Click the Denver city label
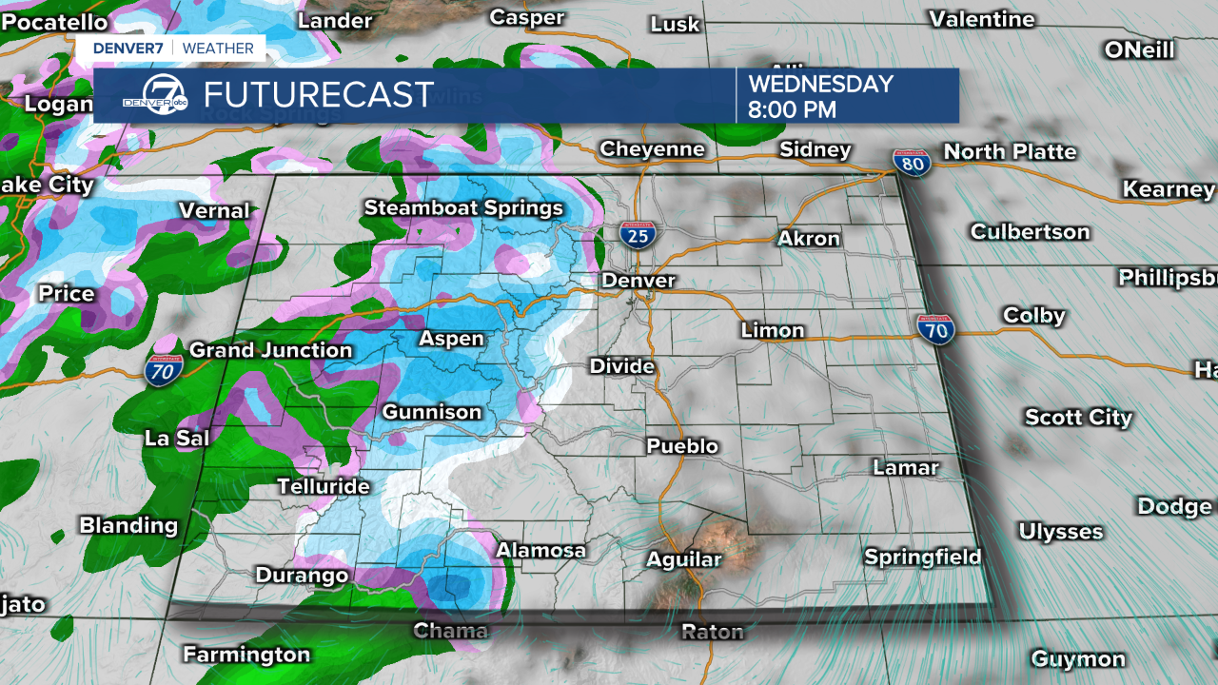638,281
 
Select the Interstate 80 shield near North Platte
909,163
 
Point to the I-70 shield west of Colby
936,330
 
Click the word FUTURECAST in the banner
319,95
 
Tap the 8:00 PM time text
792,109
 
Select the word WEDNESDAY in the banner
820,84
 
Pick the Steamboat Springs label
463,207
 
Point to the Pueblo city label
682,445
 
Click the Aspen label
452,339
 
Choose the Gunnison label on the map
432,412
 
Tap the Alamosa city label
540,550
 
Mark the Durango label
302,575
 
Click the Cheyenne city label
652,149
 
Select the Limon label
773,330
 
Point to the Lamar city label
906,467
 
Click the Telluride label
323,486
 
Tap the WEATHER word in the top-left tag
218,48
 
